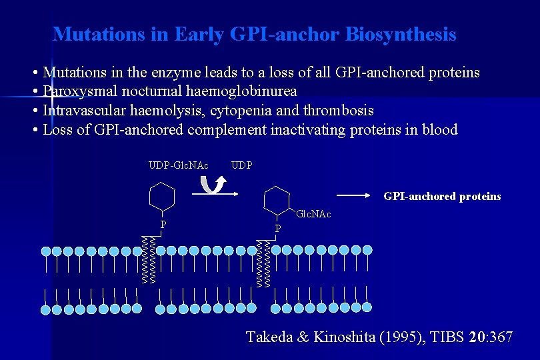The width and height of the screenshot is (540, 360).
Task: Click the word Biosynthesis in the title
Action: point(401,34)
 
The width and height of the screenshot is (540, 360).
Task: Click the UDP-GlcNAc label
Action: point(178,165)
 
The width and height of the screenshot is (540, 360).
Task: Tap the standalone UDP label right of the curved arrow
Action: point(241,165)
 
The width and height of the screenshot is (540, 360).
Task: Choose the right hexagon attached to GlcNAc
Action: point(277,199)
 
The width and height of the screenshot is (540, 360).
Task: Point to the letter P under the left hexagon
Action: point(163,225)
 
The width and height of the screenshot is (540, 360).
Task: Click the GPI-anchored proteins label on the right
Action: point(442,196)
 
